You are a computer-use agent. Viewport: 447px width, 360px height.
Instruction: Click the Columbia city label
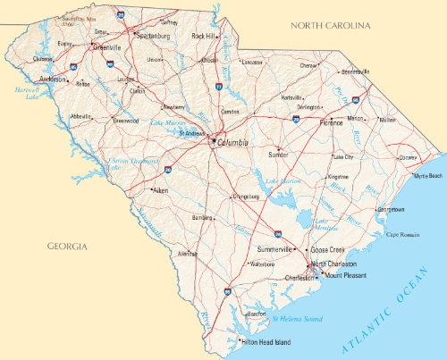pos(232,142)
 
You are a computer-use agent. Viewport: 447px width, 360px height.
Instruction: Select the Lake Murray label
pos(167,122)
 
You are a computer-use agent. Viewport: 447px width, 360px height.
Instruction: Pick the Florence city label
pos(331,122)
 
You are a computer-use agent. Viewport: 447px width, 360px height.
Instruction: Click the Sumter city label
pos(278,155)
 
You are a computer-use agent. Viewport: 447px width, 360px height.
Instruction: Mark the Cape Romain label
pos(403,234)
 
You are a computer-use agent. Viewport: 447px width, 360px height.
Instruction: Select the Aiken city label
pos(160,190)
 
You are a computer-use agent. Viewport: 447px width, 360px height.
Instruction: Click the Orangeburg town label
pos(245,197)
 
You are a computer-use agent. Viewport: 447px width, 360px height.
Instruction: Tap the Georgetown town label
pos(391,210)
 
